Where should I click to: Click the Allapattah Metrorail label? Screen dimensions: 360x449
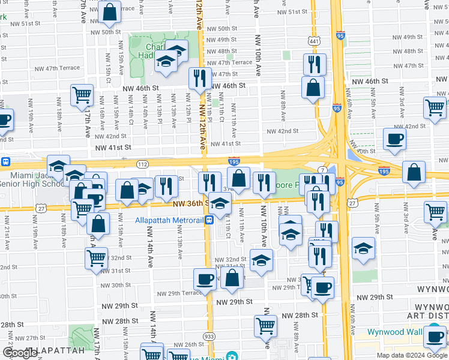(169, 220)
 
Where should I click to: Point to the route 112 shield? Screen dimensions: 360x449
(142, 164)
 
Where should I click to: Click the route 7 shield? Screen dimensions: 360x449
(322, 172)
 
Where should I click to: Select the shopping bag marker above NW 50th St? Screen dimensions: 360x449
(110, 13)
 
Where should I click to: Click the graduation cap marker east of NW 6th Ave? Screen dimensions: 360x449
(363, 248)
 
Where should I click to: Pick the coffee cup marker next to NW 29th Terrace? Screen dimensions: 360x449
(205, 279)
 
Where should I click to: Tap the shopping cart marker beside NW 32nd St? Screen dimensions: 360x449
(96, 259)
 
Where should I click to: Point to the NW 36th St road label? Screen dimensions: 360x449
(190, 204)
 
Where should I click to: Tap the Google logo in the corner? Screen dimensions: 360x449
(20, 353)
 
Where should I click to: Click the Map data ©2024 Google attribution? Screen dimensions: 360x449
(411, 355)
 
